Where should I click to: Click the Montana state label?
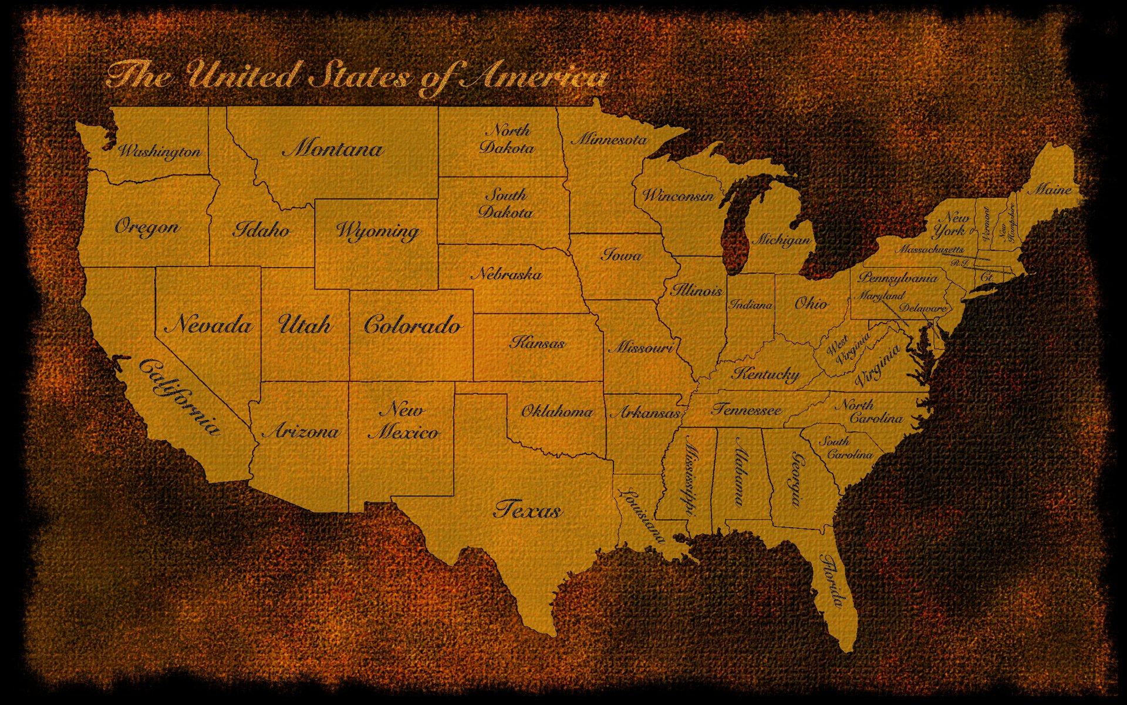[x=333, y=148]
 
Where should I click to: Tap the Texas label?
[x=527, y=509]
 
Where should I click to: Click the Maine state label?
[x=1052, y=189]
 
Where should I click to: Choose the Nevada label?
[x=208, y=324]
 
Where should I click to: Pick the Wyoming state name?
[x=377, y=231]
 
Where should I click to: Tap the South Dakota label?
[x=506, y=203]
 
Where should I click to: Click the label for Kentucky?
[x=766, y=374]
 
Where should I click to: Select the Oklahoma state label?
[x=557, y=411]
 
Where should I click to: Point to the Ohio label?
[x=811, y=303]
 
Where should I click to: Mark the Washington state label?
[x=160, y=152]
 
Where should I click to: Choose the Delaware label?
[x=923, y=308]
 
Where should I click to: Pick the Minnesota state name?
[x=609, y=139]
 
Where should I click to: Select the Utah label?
[x=304, y=324]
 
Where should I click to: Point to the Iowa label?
[x=622, y=255]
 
